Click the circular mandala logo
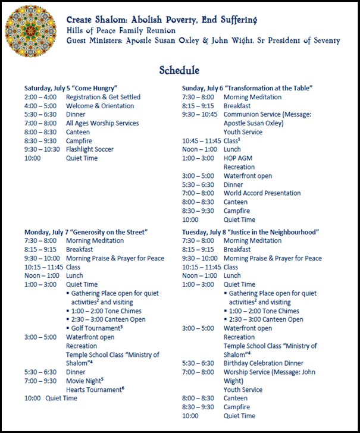coord(32,32)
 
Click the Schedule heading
coord(179,70)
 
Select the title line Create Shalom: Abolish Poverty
coord(162,20)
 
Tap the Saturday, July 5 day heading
coord(71,88)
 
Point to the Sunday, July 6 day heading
coord(247,88)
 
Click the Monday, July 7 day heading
coord(86,231)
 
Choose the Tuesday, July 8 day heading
coord(251,231)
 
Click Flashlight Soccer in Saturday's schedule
coord(89,149)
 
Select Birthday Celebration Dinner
coord(263,363)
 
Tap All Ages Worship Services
coord(102,123)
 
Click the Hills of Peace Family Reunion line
coord(121,30)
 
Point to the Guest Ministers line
coord(203,40)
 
